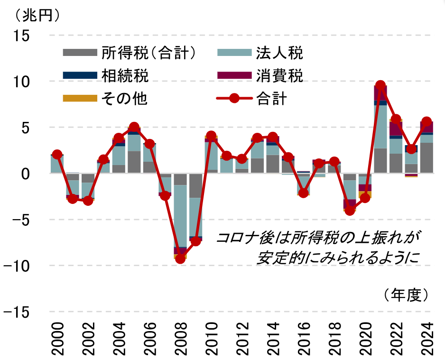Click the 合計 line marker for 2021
380,86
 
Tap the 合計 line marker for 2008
180,258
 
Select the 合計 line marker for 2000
57,155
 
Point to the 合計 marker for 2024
426,122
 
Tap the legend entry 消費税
279,75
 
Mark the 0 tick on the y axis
24,174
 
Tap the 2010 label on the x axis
211,339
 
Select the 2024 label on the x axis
426,339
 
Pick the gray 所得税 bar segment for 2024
426,158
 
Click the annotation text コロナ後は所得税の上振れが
318,238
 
